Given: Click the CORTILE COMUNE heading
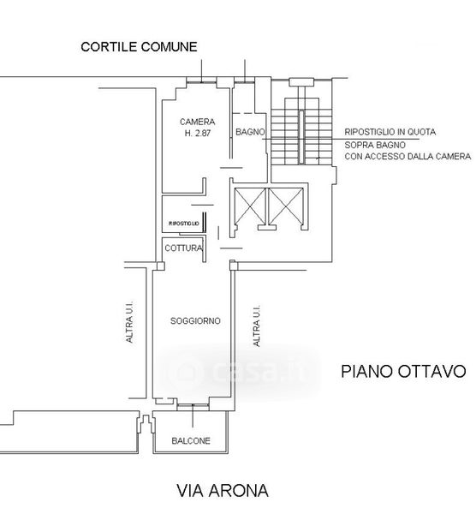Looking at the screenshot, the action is coord(139,46).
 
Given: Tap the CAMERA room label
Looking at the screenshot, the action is coord(197,122).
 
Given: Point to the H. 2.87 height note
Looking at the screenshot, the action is coord(198,133).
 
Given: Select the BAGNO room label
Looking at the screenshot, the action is coord(250,132).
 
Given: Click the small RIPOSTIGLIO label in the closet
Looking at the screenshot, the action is coord(184,224).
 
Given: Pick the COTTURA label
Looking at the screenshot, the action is coord(183,248).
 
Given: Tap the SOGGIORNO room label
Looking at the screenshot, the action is coord(195,320).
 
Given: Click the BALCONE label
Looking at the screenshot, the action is coord(191,440).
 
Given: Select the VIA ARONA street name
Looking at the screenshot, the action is coord(223,491).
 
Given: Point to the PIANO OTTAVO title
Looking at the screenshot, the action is coord(403,372).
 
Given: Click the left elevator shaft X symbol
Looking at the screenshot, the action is coord(250,206).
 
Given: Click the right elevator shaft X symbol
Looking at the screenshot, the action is coord(286,206).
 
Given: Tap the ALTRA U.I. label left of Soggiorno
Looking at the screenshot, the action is coord(130,322).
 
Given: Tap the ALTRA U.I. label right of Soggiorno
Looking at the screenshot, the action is coord(257,326).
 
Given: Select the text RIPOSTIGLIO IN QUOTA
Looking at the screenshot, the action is coord(390,132).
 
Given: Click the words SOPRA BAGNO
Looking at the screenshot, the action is coord(375,145).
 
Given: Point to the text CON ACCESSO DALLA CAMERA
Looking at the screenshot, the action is coord(408,157).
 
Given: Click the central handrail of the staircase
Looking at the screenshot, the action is coord(301,137).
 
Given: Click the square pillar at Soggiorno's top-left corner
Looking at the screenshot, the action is coord(161,266).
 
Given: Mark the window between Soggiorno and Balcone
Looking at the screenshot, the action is coord(193,408).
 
